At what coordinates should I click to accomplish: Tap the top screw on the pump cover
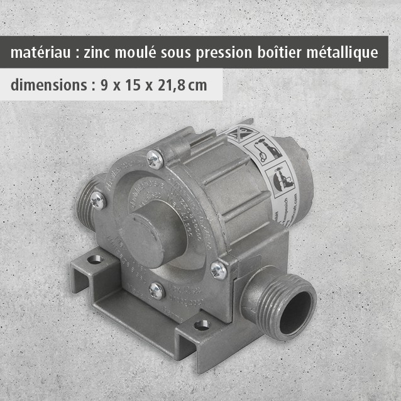point(155,159)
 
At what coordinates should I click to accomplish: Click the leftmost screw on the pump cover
point(97,200)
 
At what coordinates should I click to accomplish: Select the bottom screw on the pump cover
point(157,290)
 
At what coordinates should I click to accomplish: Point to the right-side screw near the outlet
point(218,270)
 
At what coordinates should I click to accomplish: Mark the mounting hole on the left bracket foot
point(94,258)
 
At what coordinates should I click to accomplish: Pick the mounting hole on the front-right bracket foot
point(201,325)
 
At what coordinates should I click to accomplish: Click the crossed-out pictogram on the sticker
point(239,134)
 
